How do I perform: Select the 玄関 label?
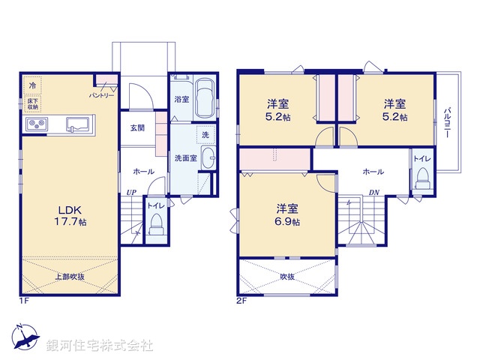click(x=137, y=127)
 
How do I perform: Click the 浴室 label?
click(x=181, y=99)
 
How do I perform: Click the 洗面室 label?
click(x=185, y=158)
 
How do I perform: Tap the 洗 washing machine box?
click(x=205, y=135)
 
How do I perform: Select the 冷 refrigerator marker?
click(x=32, y=86)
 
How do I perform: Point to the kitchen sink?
click(x=78, y=124)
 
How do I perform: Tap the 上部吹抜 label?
click(x=68, y=277)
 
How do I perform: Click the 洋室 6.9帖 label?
click(x=286, y=214)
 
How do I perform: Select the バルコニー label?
click(x=448, y=123)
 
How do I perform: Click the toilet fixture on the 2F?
click(x=422, y=178)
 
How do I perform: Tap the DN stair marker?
click(x=373, y=193)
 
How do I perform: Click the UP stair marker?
click(x=131, y=193)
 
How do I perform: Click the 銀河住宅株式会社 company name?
click(x=99, y=346)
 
